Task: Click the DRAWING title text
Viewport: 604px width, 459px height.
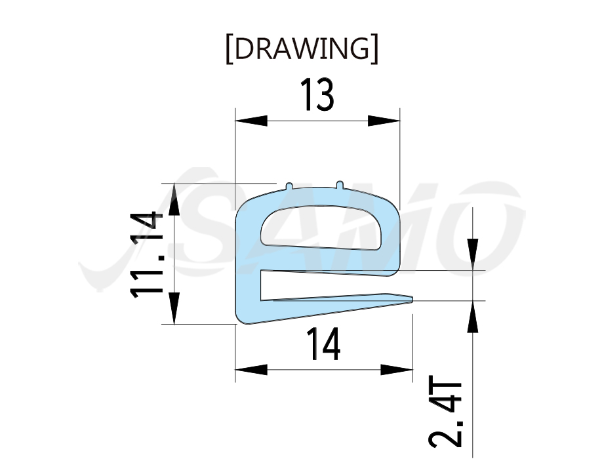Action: (x=302, y=49)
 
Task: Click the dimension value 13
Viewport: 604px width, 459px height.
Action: (x=317, y=94)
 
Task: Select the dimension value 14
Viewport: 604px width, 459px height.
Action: (x=323, y=344)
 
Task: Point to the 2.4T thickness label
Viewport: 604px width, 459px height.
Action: (x=445, y=411)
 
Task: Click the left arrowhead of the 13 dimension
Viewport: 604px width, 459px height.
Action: (x=251, y=121)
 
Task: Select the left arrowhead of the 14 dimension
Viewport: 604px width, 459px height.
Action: (x=251, y=370)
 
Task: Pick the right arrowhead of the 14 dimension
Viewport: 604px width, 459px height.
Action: (x=397, y=370)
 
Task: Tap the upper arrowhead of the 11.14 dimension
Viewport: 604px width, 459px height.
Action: (x=174, y=199)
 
